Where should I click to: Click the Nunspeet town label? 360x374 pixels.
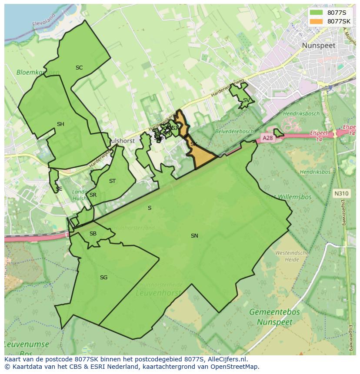pyautogui.click(x=319, y=45)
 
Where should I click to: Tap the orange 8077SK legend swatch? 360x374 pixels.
pyautogui.click(x=316, y=21)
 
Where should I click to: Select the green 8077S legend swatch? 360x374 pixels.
pyautogui.click(x=316, y=12)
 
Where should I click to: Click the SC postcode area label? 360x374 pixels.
pyautogui.click(x=79, y=68)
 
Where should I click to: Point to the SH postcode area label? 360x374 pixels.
pyautogui.click(x=60, y=124)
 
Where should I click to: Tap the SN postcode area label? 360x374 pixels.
pyautogui.click(x=194, y=236)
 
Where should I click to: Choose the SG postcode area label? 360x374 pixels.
pyautogui.click(x=103, y=278)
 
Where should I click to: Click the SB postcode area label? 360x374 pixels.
pyautogui.click(x=93, y=234)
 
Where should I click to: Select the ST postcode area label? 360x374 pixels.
pyautogui.click(x=113, y=181)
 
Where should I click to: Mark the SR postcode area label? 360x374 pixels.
pyautogui.click(x=93, y=195)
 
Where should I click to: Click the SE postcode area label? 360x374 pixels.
pyautogui.click(x=59, y=189)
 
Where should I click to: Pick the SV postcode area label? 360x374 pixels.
pyautogui.click(x=246, y=100)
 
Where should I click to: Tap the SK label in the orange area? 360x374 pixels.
pyautogui.click(x=194, y=144)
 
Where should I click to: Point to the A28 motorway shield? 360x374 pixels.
pyautogui.click(x=267, y=138)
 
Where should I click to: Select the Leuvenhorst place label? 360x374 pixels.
pyautogui.click(x=158, y=293)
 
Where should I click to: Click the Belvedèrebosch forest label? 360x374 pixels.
pyautogui.click(x=234, y=131)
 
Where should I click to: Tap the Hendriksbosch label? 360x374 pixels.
pyautogui.click(x=301, y=114)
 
